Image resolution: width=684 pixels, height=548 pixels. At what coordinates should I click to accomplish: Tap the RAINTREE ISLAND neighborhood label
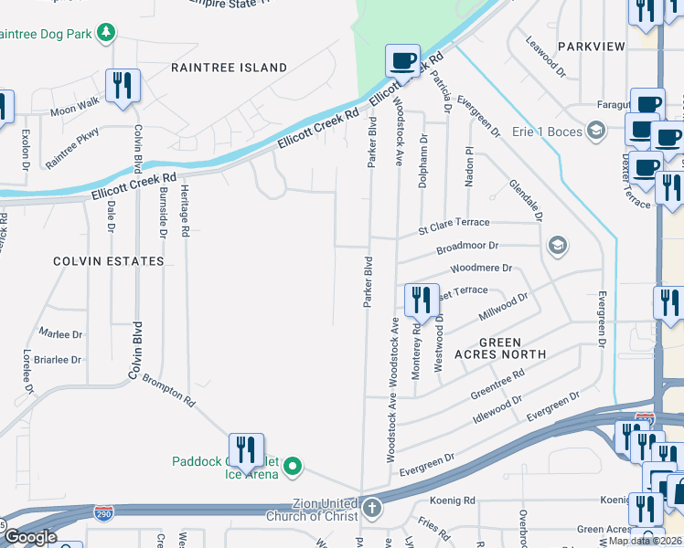click(229, 68)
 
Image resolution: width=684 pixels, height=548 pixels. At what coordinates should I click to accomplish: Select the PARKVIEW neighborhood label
click(590, 46)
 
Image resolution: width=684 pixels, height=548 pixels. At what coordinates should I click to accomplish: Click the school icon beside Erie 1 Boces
click(596, 132)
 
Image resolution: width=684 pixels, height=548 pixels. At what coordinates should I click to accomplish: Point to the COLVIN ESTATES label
click(108, 261)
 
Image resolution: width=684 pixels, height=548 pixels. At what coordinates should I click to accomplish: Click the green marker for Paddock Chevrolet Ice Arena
click(293, 468)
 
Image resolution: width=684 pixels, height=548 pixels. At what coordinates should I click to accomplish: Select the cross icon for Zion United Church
click(371, 508)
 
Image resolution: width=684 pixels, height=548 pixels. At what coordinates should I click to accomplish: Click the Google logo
click(30, 537)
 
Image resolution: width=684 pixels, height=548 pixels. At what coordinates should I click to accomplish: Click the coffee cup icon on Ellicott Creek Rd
click(401, 59)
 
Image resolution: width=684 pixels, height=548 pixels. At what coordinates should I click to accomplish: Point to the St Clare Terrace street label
click(454, 223)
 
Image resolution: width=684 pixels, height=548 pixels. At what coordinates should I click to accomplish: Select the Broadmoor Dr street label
click(466, 247)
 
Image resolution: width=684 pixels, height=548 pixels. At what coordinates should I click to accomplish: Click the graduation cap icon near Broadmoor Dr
click(556, 246)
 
